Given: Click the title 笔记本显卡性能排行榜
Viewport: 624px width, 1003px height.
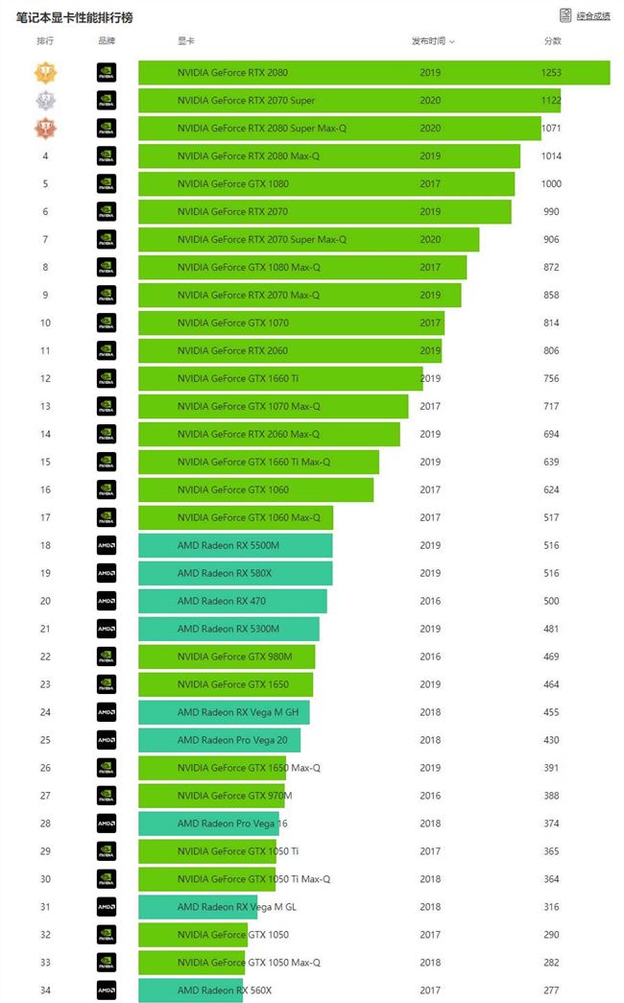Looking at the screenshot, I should point(74,17).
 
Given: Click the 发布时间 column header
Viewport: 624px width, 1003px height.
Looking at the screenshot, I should point(432,41).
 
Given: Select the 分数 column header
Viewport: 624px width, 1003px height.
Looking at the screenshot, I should point(552,41).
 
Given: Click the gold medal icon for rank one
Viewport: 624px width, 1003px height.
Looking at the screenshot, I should point(45,73).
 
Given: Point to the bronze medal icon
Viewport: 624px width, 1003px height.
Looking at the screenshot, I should point(45,129).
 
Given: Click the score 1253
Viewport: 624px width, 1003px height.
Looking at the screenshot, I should point(551,73).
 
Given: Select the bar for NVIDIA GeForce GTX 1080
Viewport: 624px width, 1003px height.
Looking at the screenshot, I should point(326,184).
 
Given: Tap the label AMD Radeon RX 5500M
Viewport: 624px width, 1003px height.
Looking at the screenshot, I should point(228,546).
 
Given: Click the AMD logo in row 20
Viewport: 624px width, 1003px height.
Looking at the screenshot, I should point(107,602).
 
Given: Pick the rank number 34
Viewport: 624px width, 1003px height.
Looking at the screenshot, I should point(45,991).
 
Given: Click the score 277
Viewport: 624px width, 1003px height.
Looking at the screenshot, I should point(551,991).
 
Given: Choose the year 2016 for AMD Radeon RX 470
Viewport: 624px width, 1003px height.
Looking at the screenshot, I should point(430,602).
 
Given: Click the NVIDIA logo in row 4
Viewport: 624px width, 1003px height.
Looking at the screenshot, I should point(107,156).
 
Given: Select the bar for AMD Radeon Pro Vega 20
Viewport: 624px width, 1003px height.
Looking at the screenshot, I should point(219,741).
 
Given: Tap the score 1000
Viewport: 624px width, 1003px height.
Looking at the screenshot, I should point(551,184).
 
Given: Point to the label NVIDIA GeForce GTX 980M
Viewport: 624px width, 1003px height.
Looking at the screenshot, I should point(234,657).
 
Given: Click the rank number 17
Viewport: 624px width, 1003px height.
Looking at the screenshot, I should point(45,518).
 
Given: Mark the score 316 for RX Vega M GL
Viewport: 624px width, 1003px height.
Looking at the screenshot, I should point(551,907).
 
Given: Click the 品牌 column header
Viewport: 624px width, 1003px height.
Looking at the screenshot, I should point(107,41).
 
